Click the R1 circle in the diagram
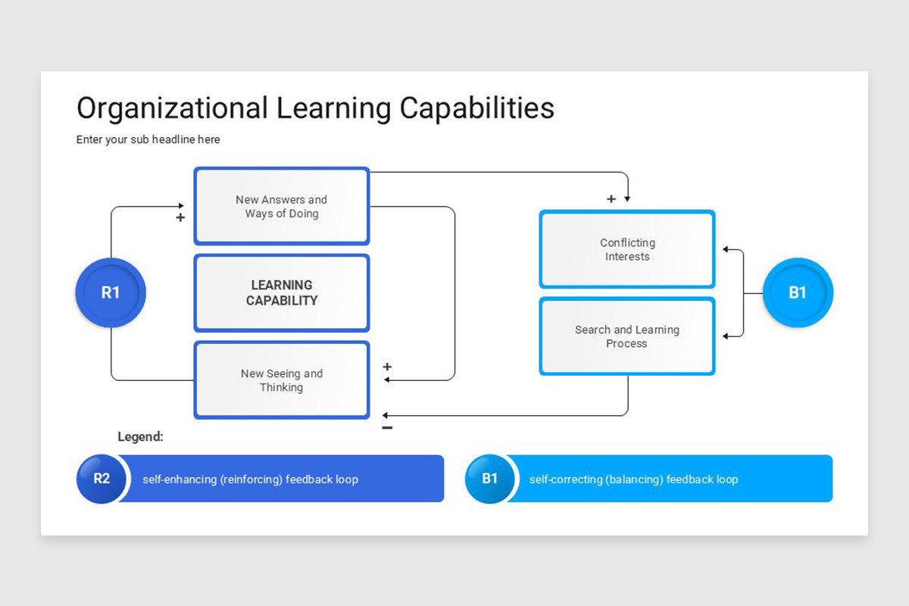[111, 293]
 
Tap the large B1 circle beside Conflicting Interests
[797, 293]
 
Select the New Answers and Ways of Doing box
[281, 207]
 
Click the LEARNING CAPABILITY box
[281, 293]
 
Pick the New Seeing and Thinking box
[281, 380]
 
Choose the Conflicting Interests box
[626, 250]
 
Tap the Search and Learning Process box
[626, 337]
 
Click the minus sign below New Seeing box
[387, 428]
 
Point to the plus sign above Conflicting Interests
[611, 199]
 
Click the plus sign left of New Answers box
[180, 218]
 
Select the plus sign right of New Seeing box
[387, 367]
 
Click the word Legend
[140, 437]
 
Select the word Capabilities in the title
[476, 108]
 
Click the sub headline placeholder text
[148, 139]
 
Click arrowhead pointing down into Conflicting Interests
[627, 199]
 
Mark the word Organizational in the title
[172, 108]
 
